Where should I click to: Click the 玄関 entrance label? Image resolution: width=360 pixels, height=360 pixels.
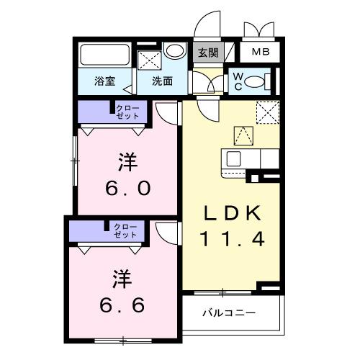pyautogui.click(x=209, y=53)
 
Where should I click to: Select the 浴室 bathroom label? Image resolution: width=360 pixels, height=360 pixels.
pyautogui.click(x=105, y=81)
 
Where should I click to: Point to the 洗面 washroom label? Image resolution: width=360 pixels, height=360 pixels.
pyautogui.click(x=161, y=81)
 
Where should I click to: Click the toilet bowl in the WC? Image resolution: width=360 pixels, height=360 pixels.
pyautogui.click(x=256, y=82)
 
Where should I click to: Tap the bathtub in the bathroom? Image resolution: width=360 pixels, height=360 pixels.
pyautogui.click(x=104, y=56)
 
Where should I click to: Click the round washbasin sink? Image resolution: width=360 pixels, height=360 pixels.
pyautogui.click(x=174, y=53)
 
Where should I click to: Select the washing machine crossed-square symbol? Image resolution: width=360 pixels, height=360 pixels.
pyautogui.click(x=149, y=60)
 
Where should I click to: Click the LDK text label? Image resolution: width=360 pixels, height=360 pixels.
pyautogui.click(x=230, y=213)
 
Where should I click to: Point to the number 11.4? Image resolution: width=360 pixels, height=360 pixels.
pyautogui.click(x=230, y=239)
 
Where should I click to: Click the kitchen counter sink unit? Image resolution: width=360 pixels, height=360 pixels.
pyautogui.click(x=245, y=158)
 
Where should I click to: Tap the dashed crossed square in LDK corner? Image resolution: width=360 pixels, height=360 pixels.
pyautogui.click(x=267, y=110)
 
